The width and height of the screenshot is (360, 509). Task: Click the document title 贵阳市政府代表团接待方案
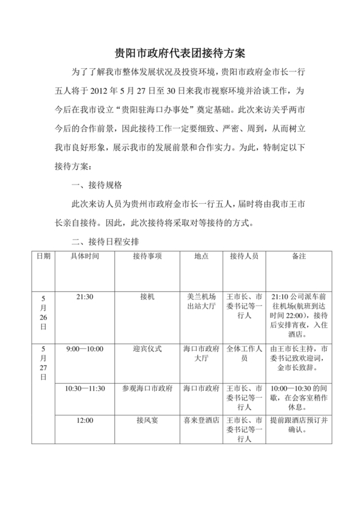pos(179,52)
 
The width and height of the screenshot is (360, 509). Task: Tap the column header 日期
pos(43,256)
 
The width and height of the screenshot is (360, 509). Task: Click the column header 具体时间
pos(85,256)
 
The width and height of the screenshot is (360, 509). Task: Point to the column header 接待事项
pos(147,256)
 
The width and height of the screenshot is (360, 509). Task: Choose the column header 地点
pos(201,256)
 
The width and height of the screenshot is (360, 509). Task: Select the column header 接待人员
pos(244,256)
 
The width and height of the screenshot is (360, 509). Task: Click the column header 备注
pos(298,256)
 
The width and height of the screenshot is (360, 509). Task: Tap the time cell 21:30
pos(85,298)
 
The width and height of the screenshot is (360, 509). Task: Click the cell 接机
pos(147,298)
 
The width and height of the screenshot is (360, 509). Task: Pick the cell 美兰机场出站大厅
pos(201,302)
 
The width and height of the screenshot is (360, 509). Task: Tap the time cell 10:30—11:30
pos(85,389)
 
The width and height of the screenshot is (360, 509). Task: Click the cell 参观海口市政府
pos(147,389)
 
